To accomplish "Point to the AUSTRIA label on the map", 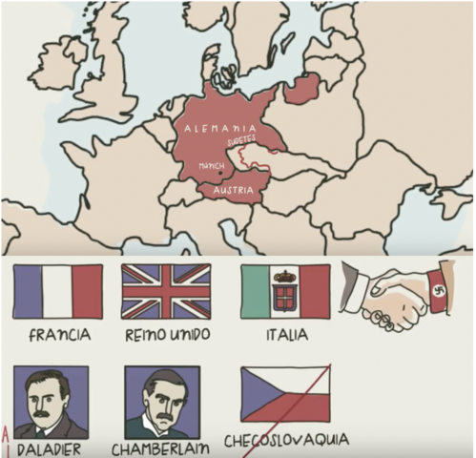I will (x=234, y=190).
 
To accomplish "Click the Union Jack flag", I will (x=165, y=291).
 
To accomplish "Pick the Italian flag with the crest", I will (x=285, y=291).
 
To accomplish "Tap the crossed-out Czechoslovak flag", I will (x=285, y=394).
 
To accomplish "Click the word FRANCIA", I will (x=59, y=335).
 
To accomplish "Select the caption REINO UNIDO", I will (x=166, y=335).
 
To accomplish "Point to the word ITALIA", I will (x=286, y=335).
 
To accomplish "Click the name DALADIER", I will (x=50, y=448).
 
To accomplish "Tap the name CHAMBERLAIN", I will (x=160, y=448).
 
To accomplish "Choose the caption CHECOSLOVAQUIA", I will (x=287, y=441).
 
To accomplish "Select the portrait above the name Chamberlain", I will (x=161, y=402).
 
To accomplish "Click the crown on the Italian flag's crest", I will (x=285, y=278).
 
